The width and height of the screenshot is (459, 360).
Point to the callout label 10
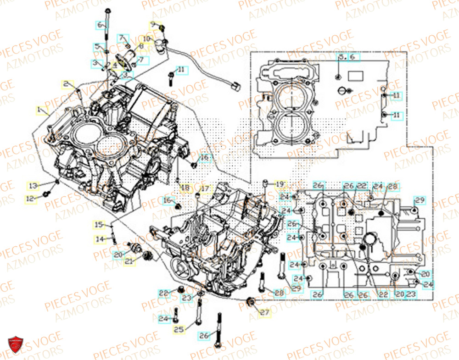[x=146, y=38]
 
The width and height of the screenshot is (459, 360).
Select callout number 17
[x=204, y=188]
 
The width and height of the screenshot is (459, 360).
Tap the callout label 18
[x=185, y=188]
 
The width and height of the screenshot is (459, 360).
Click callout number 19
[x=280, y=184]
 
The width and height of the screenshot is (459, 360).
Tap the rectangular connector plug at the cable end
[x=236, y=85]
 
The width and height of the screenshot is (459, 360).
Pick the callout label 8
[x=140, y=47]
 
